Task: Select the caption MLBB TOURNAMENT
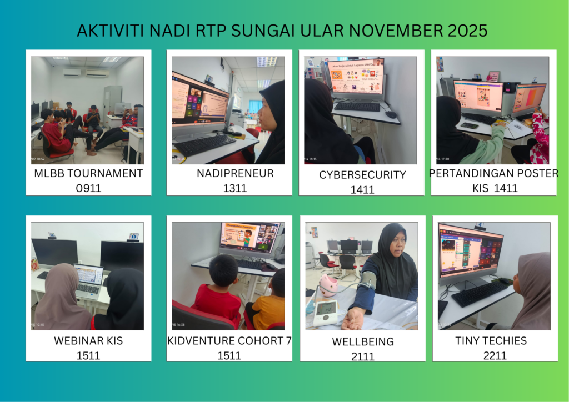coord(88,173)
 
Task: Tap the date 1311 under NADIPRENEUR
coord(235,188)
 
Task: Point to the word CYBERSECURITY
coord(362,175)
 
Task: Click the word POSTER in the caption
coord(538,173)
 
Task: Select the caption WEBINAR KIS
coord(88,341)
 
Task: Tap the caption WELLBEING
coord(363,341)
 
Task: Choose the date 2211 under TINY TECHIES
coord(495,355)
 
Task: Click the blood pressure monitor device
coord(326,313)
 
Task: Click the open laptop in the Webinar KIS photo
coord(88,282)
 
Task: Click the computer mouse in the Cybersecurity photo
coord(391,114)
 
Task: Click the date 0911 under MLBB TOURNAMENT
coord(88,188)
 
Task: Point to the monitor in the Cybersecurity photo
coord(356,77)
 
